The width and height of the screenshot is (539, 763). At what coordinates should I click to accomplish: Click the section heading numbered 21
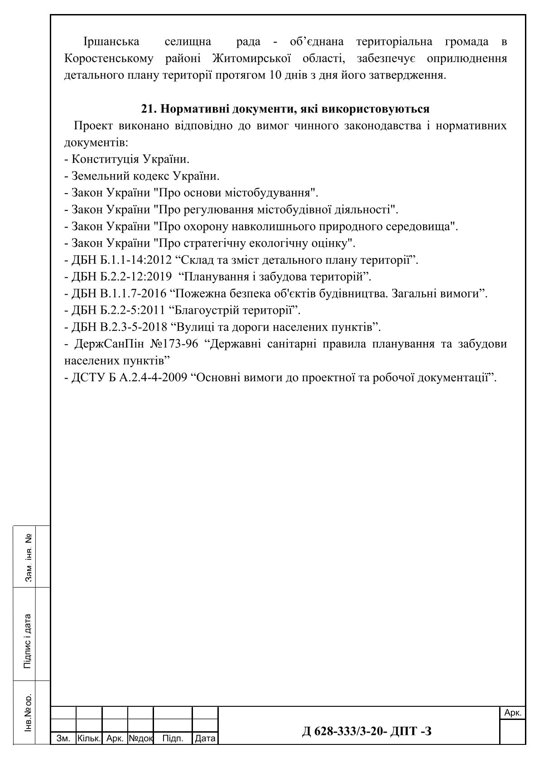coord(285,109)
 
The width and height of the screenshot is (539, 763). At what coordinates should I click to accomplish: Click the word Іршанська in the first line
coord(111,42)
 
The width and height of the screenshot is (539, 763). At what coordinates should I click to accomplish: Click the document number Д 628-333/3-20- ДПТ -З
coord(366,731)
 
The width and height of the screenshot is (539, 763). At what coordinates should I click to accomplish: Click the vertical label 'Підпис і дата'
coord(28,641)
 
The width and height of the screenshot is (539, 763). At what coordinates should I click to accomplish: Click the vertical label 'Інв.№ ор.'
coord(28,712)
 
